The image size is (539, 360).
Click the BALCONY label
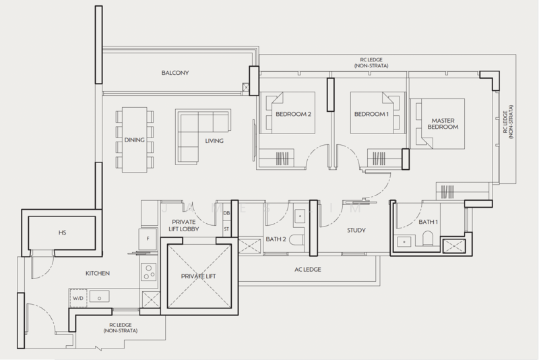click(x=175, y=73)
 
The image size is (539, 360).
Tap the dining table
click(x=134, y=140)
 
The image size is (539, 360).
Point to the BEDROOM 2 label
click(x=293, y=114)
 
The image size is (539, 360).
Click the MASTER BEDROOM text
click(x=443, y=124)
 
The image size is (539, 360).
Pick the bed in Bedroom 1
click(x=378, y=113)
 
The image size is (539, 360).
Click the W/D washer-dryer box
click(x=78, y=298)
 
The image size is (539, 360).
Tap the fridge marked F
click(x=148, y=239)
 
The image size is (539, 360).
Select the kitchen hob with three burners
click(x=149, y=272)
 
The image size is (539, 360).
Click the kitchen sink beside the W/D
click(x=99, y=297)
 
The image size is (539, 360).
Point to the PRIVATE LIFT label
click(x=198, y=276)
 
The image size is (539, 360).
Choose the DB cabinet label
click(x=226, y=213)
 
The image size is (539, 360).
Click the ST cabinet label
click(x=226, y=229)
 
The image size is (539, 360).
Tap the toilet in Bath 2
click(x=296, y=239)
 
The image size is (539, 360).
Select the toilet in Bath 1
click(x=427, y=238)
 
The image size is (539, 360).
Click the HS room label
click(x=62, y=233)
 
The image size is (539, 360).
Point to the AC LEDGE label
click(x=308, y=270)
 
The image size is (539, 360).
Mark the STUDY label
click(x=356, y=231)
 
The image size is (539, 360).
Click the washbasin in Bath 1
click(x=404, y=242)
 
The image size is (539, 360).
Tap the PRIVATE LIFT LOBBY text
click(x=183, y=226)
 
